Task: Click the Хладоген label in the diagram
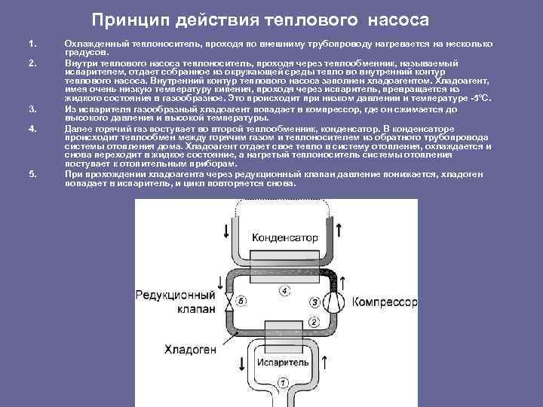(189, 349)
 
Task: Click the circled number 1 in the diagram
(283, 382)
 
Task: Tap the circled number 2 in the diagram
(312, 322)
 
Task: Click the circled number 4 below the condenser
(284, 290)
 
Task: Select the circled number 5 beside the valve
(241, 301)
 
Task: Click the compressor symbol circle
(333, 302)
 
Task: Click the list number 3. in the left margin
(32, 109)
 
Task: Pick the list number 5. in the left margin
(32, 174)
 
